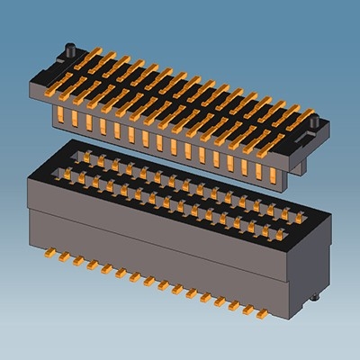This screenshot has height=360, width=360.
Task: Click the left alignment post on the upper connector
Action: point(67,47)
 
